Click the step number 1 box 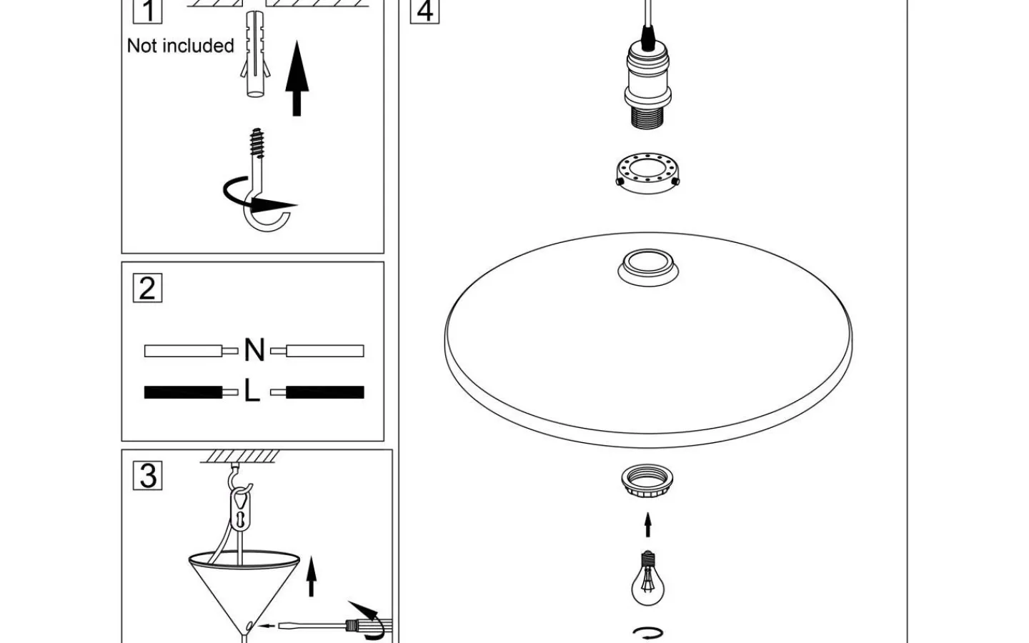(148, 11)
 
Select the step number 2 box (147, 288)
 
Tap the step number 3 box (148, 476)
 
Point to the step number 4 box (424, 11)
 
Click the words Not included (180, 46)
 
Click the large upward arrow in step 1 (297, 79)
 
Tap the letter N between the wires (254, 350)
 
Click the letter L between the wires (252, 392)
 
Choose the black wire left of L (183, 392)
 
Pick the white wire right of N (325, 351)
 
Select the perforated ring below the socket (647, 171)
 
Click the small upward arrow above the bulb (648, 524)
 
